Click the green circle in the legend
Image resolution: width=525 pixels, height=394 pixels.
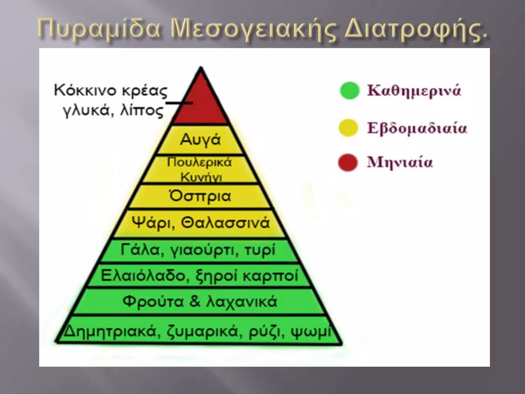[349, 91]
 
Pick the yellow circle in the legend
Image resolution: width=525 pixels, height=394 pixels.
[348, 127]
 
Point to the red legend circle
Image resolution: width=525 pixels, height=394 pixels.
[348, 162]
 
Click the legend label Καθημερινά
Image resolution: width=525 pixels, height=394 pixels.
[414, 91]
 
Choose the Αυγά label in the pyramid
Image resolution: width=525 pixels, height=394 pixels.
[200, 140]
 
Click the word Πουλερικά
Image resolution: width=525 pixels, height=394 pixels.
[199, 162]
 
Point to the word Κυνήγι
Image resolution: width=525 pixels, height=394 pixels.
[201, 177]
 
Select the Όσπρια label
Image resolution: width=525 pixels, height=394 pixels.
[200, 196]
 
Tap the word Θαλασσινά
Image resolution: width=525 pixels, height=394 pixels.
[226, 223]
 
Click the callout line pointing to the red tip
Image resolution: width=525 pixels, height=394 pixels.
[179, 103]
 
